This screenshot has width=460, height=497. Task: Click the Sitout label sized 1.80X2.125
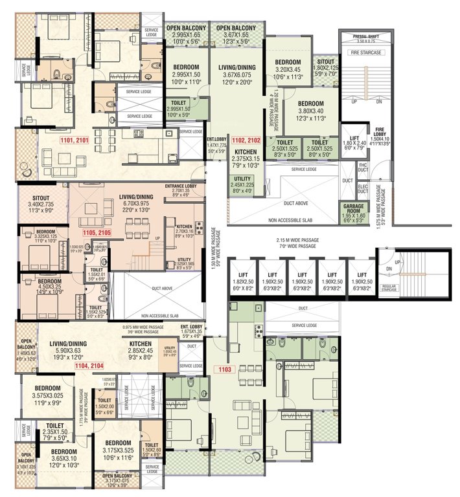click(x=326, y=66)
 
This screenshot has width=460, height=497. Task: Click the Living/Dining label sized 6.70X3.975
click(x=136, y=205)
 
